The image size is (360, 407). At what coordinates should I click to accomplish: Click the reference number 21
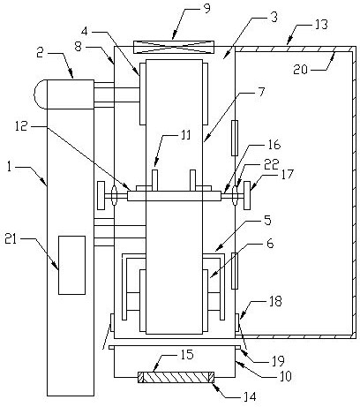pyautogui.click(x=11, y=239)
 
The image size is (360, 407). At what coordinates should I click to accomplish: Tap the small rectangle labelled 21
pyautogui.click(x=71, y=265)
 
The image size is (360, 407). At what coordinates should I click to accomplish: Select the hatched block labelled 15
pyautogui.click(x=176, y=377)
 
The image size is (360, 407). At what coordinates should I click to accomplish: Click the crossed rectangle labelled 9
pyautogui.click(x=174, y=48)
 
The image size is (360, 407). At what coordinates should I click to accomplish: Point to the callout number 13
pyautogui.click(x=321, y=25)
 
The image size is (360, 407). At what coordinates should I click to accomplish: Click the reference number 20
pyautogui.click(x=300, y=70)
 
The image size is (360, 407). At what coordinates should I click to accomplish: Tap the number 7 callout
pyautogui.click(x=261, y=92)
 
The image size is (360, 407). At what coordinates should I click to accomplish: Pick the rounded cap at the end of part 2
pyautogui.click(x=41, y=94)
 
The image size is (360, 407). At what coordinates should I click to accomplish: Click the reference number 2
pyautogui.click(x=41, y=53)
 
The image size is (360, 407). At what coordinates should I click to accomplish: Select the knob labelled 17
pyautogui.click(x=247, y=195)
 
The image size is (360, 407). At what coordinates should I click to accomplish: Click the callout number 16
pyautogui.click(x=274, y=145)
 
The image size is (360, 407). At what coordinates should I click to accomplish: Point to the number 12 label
pyautogui.click(x=22, y=126)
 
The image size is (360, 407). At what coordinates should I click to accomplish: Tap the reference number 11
pyautogui.click(x=185, y=135)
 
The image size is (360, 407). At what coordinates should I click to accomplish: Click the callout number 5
pyautogui.click(x=267, y=221)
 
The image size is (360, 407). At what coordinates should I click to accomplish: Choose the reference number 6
pyautogui.click(x=270, y=244)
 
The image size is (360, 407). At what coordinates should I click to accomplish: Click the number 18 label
pyautogui.click(x=275, y=301)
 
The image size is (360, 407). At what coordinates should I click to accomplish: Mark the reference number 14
pyautogui.click(x=250, y=397)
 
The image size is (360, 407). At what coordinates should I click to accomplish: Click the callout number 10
pyautogui.click(x=285, y=376)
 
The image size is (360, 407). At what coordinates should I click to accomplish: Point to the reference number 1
pyautogui.click(x=10, y=168)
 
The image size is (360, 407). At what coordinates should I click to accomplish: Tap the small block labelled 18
pyautogui.click(x=237, y=322)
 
